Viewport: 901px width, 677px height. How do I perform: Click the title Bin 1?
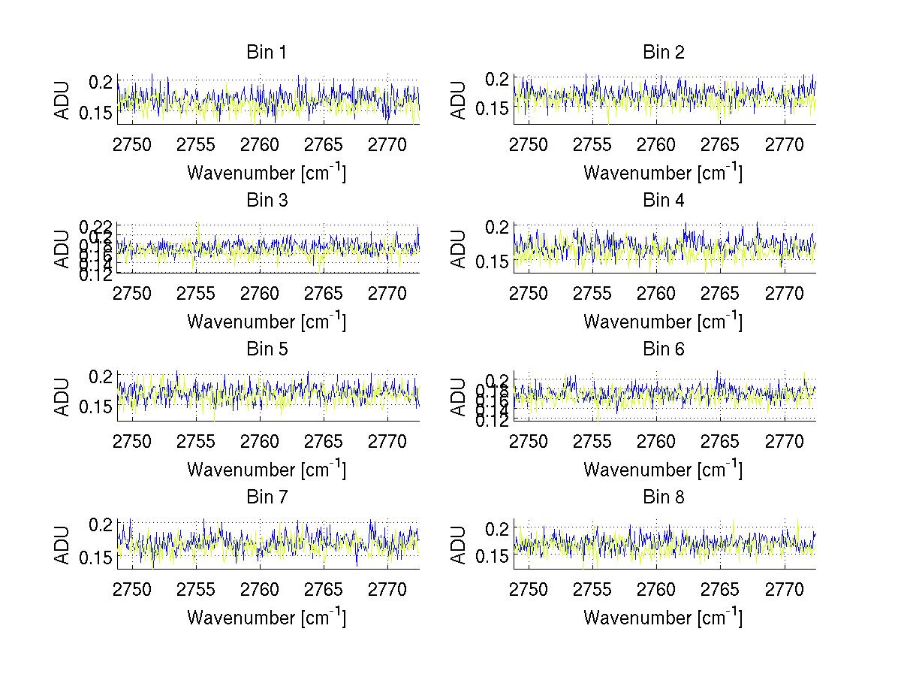(266, 53)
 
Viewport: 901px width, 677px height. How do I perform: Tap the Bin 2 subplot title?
(663, 53)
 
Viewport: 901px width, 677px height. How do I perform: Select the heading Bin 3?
(266, 201)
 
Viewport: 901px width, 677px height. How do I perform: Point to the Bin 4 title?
(663, 201)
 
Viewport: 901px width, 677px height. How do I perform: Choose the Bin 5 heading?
(266, 349)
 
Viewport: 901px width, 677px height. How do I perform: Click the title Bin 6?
(663, 349)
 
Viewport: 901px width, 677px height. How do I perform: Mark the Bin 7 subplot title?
(266, 497)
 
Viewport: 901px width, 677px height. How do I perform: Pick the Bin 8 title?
(663, 497)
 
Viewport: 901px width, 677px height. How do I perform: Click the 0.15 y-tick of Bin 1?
(96, 113)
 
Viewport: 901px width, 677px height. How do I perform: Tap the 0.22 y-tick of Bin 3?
(95, 226)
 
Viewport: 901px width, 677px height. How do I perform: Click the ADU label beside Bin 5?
(62, 396)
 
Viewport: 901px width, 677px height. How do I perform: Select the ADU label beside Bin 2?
(459, 100)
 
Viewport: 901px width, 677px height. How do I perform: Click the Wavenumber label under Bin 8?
(663, 618)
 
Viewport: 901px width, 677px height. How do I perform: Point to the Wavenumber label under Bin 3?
(266, 322)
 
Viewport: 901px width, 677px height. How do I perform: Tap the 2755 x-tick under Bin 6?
(592, 441)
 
